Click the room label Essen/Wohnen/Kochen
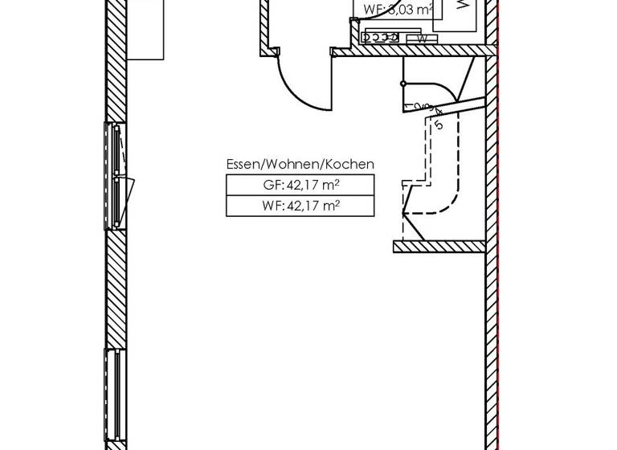click(300, 164)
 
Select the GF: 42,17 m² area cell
click(300, 185)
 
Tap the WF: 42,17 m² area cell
click(300, 206)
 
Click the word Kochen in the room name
click(348, 164)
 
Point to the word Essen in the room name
click(243, 164)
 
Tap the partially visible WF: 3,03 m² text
click(398, 10)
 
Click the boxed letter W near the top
click(422, 39)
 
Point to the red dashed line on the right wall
click(498, 241)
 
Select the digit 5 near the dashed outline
click(439, 125)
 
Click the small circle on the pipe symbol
click(403, 83)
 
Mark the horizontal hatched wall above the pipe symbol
click(410, 51)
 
